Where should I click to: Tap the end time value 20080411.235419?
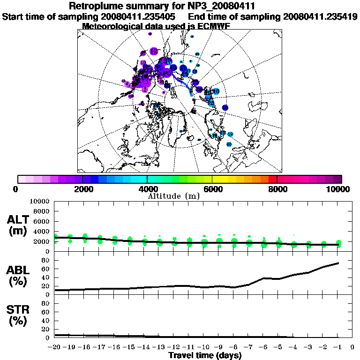tap(320, 16)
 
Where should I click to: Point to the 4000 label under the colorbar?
tap(148, 189)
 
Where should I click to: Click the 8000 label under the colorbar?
tap(277, 189)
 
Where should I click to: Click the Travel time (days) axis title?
tap(205, 356)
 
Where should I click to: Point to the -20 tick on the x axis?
tap(55, 347)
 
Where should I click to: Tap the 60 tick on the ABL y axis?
tap(45, 269)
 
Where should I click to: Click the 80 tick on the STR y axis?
tap(45, 303)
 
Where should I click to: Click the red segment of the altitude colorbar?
tap(272, 179)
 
